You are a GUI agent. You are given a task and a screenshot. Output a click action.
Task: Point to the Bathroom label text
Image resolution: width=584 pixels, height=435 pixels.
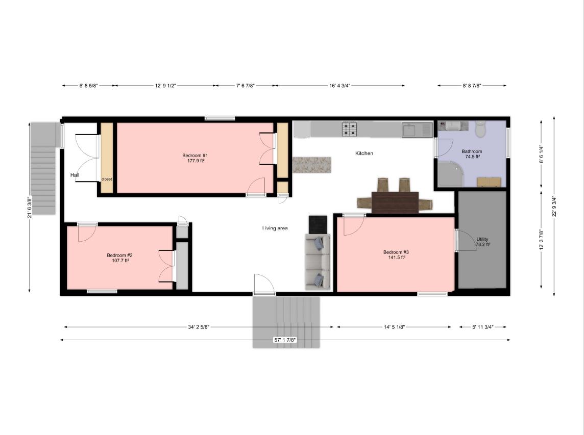tap(472, 151)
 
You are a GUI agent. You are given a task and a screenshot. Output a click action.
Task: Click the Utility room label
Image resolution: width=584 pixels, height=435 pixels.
tap(482, 239)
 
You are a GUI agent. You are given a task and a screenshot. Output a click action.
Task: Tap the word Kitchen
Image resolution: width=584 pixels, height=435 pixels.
tap(364, 153)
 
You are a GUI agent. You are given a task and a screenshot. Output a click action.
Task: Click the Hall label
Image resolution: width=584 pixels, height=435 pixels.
tap(75, 175)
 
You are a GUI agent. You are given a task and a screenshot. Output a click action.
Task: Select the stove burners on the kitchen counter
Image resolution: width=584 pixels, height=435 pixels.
tap(350, 130)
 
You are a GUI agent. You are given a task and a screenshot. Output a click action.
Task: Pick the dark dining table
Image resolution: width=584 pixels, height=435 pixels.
tap(395, 202)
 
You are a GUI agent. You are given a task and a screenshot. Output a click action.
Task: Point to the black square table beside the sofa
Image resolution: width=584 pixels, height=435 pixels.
tap(318, 223)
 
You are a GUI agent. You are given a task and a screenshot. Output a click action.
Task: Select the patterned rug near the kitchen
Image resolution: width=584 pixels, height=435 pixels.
tap(312, 165)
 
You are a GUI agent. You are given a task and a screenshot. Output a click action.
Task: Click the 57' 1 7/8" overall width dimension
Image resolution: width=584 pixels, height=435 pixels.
tap(285, 340)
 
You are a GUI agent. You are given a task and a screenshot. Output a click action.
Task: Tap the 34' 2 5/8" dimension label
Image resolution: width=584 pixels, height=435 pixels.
tap(199, 327)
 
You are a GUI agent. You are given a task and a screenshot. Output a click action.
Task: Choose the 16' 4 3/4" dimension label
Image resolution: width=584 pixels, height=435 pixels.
tap(339, 86)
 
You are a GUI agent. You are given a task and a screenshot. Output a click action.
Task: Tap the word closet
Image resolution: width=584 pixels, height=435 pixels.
tap(107, 179)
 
